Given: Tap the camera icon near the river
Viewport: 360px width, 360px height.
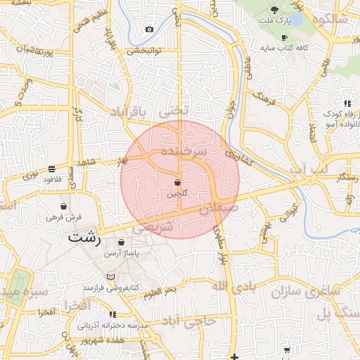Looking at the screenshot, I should tap(149, 30).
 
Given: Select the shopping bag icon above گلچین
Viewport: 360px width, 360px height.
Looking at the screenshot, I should tap(177, 182).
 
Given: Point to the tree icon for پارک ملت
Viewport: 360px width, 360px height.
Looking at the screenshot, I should tap(274, 9).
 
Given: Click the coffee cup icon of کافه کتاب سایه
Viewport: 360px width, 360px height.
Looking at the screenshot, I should tap(284, 38).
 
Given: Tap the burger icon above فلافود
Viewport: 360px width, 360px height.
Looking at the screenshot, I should tap(52, 169).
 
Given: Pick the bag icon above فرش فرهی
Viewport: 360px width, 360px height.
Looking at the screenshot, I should tap(65, 207).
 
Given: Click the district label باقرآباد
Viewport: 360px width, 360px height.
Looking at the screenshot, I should tap(130, 112).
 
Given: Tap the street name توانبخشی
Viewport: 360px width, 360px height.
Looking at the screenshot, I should tap(144, 51).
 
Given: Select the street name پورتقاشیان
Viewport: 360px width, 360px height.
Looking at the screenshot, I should tap(34, 49).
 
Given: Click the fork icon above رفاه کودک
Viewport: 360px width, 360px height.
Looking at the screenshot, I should tap(347, 104).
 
